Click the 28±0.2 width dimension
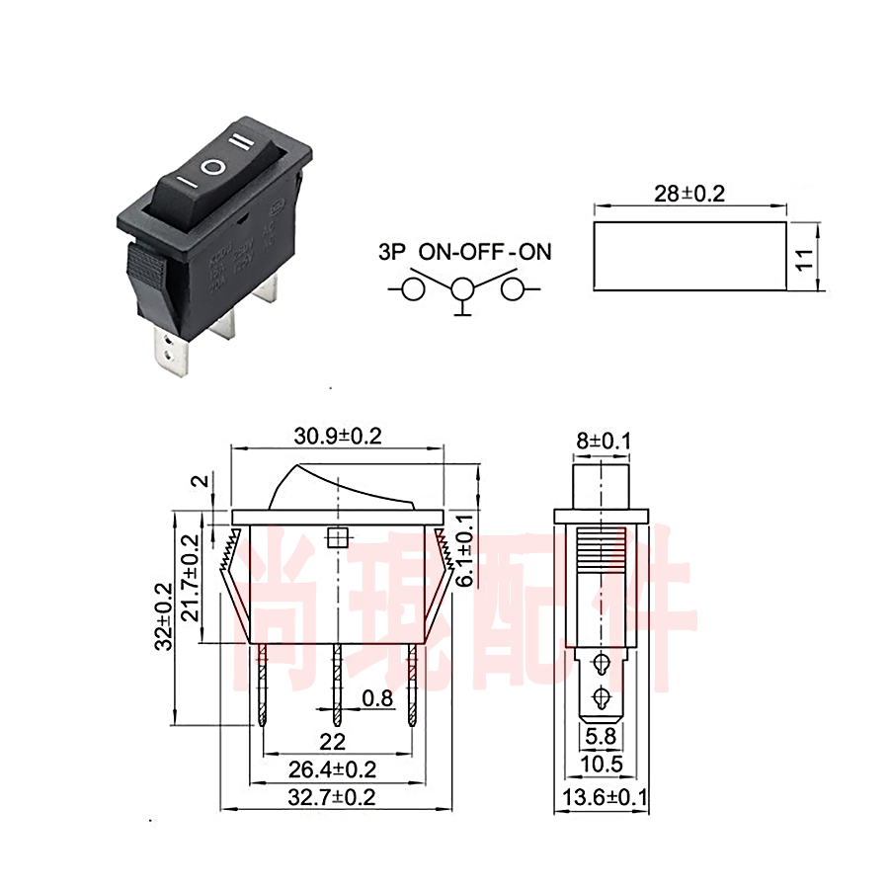point(688,193)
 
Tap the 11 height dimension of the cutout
point(805,258)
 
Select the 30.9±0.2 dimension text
point(337,435)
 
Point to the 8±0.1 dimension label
point(601,441)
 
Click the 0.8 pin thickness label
point(377,699)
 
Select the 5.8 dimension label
point(601,736)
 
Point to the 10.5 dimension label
point(601,764)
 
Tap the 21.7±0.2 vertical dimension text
point(191,578)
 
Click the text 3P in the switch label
point(392,252)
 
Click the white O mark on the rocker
point(212,168)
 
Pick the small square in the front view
point(337,538)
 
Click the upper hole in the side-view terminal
point(601,663)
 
